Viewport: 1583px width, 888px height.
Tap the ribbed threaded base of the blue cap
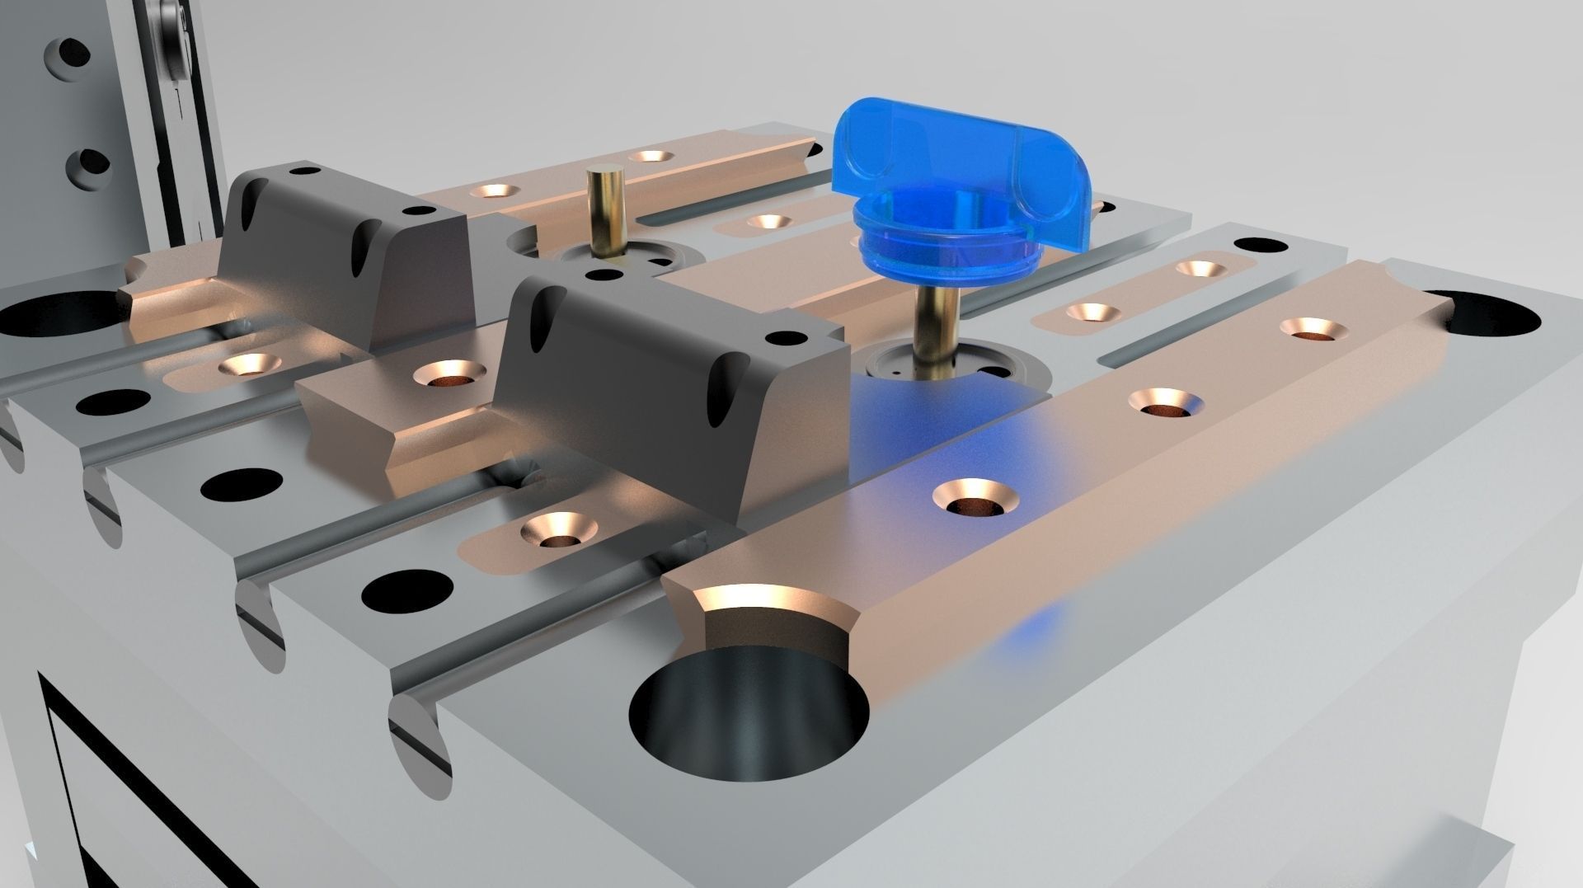click(940, 247)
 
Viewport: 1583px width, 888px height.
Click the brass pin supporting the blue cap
click(937, 330)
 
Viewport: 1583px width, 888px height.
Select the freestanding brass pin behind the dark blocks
click(606, 210)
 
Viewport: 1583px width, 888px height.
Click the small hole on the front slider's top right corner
click(786, 337)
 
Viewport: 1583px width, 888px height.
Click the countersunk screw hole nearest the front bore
click(975, 498)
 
